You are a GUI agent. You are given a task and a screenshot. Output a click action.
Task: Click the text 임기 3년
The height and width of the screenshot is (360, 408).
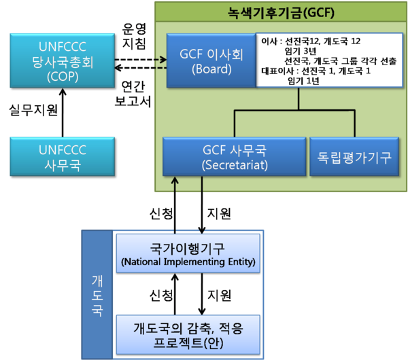click(x=303, y=52)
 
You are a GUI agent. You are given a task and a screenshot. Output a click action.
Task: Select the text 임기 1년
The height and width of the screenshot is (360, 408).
click(x=303, y=80)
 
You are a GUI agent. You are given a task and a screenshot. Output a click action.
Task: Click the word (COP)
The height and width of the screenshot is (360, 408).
click(x=54, y=77)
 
